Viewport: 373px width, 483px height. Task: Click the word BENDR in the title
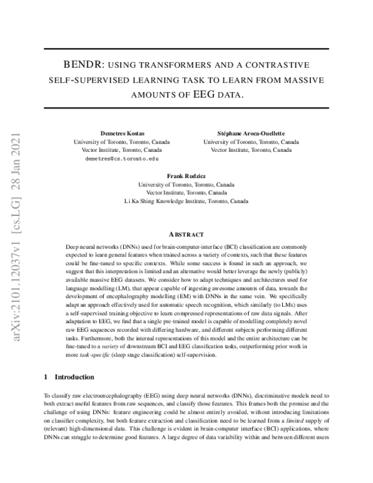pyautogui.click(x=84, y=65)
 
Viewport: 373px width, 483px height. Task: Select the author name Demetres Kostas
pyautogui.click(x=121, y=134)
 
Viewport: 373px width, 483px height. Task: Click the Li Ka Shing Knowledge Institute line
pyautogui.click(x=186, y=202)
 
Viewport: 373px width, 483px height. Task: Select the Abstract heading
pyautogui.click(x=186, y=234)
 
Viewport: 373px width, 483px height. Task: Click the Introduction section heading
pyautogui.click(x=74, y=377)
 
